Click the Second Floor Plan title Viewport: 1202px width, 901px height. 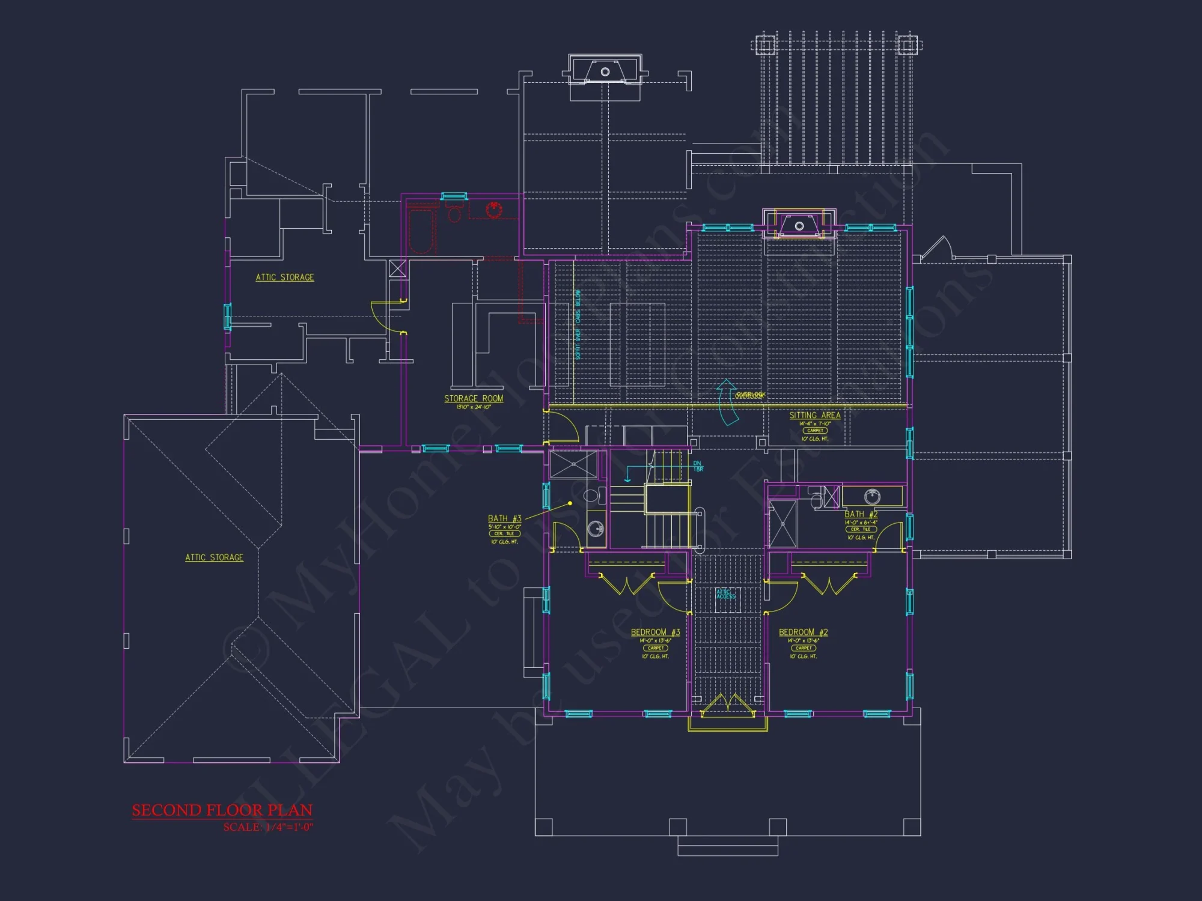pos(222,810)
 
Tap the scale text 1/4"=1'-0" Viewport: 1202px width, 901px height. pos(267,827)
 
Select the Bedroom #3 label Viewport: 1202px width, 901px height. pos(655,632)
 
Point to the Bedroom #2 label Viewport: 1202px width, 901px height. pos(803,632)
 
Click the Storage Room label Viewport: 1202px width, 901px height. pos(474,398)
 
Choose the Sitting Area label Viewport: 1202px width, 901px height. pos(814,415)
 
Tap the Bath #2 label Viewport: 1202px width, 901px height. pos(861,514)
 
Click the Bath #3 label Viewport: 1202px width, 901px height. pos(504,518)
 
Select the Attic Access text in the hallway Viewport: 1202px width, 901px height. pos(725,594)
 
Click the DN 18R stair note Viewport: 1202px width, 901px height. pos(698,466)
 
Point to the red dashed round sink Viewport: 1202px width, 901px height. pos(494,209)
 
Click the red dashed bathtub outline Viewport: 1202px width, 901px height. pos(421,231)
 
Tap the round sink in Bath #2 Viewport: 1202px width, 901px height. pos(872,496)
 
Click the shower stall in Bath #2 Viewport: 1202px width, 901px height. pos(783,524)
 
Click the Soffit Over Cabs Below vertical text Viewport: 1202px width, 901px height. pos(578,324)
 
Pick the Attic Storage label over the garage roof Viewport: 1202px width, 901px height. pos(214,557)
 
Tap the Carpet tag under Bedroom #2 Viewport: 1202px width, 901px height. pos(803,648)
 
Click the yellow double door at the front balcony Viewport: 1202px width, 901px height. pos(728,706)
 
